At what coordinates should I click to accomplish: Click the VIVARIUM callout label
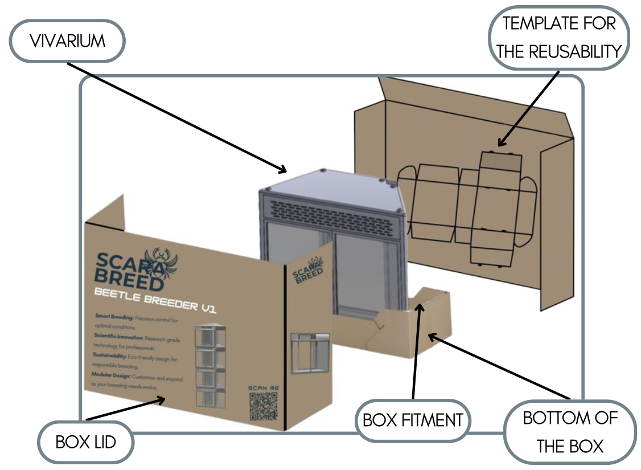point(67,41)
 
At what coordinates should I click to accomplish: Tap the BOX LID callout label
point(85,442)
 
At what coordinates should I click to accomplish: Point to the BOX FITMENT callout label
point(413,420)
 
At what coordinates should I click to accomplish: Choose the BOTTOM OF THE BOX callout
point(570,431)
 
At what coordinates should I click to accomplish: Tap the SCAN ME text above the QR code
point(263,387)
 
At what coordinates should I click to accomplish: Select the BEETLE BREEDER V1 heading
point(154,300)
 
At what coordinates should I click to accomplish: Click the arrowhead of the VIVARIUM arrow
point(285,170)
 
